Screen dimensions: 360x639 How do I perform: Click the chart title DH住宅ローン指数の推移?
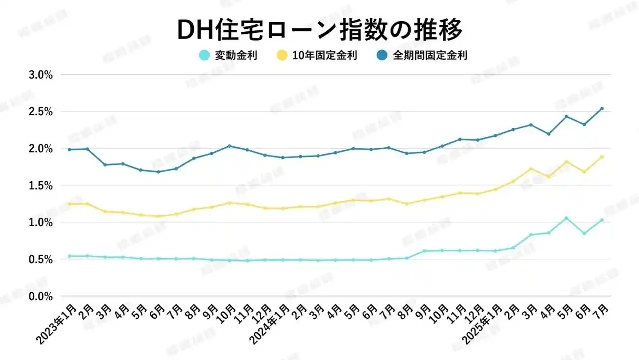pos(319,30)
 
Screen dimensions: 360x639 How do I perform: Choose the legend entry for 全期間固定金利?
pos(423,55)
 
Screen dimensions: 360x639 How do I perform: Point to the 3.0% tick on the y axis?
pos(42,75)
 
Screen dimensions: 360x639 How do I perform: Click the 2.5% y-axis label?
pos(42,112)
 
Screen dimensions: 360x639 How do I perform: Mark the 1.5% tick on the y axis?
pos(42,185)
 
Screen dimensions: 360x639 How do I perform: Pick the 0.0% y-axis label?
pos(42,296)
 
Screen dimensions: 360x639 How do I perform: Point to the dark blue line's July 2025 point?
pos(602,108)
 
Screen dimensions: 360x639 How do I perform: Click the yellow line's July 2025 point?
pos(602,157)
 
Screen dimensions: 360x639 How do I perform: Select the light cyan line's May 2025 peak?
pos(566,218)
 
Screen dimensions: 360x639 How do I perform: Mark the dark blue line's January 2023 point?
pos(69,150)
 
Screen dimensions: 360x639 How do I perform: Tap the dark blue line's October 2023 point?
pos(229,146)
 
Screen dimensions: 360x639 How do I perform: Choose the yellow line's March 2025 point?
pos(531,169)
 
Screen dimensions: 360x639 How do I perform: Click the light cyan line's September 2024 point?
pos(424,251)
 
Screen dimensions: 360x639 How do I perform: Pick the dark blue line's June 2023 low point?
pos(158,172)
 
